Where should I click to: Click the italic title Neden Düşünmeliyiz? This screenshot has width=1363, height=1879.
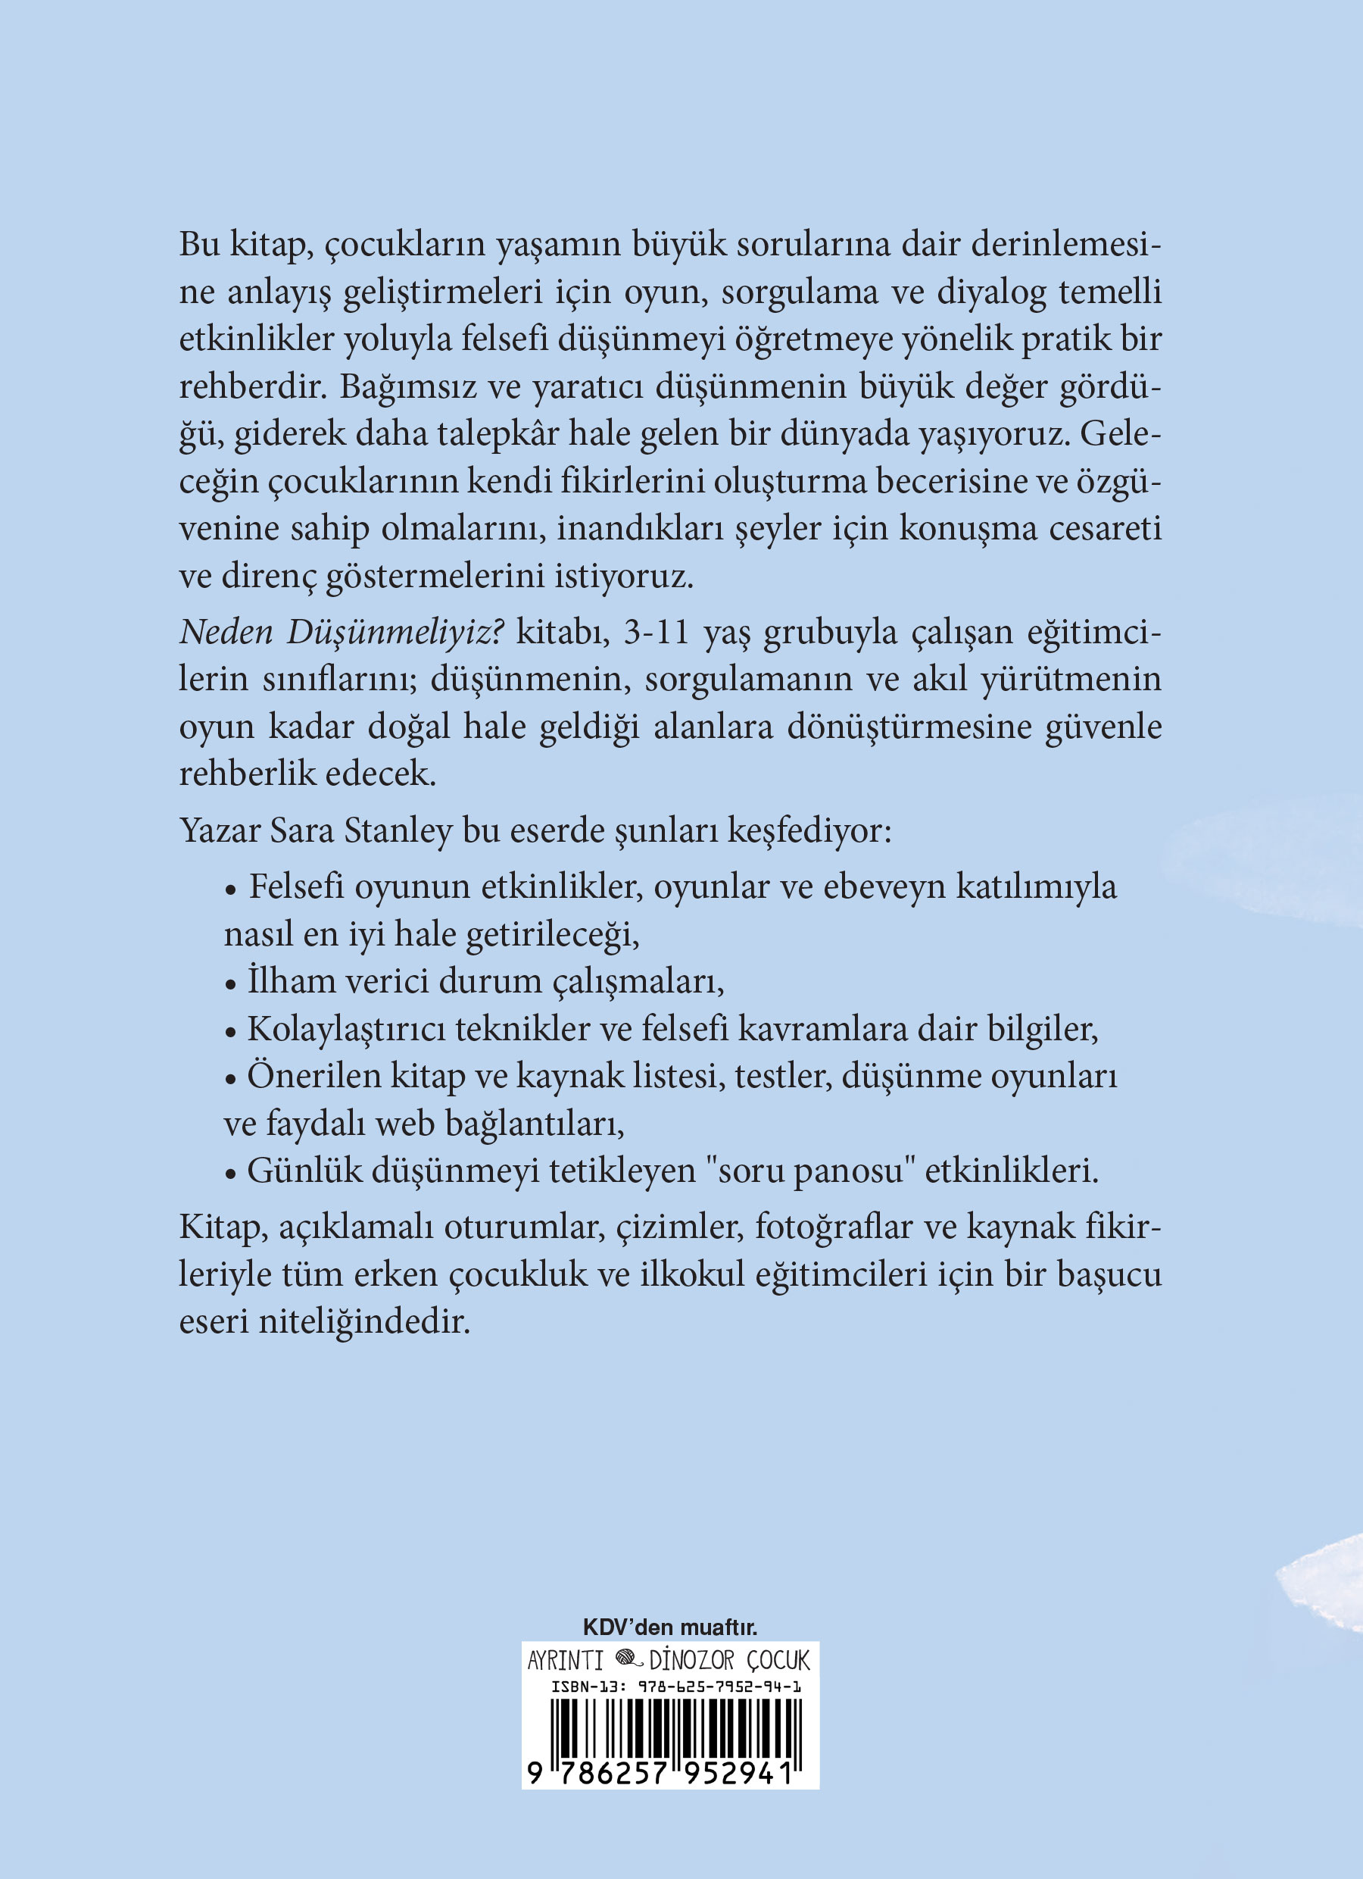[x=342, y=633]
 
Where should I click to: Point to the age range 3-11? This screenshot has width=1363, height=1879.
[x=657, y=632]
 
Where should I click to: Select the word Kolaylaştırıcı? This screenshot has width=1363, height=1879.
[x=346, y=1030]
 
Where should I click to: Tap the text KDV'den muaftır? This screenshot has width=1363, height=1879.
[x=670, y=1627]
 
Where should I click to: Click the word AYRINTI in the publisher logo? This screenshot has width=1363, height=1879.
[x=566, y=1660]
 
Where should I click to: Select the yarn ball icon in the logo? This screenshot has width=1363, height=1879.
[x=629, y=1659]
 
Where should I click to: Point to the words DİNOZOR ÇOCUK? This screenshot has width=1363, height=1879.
[x=729, y=1660]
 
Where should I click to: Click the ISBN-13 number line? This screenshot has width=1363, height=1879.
[x=675, y=1686]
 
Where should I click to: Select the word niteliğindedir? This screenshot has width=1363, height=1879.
[x=364, y=1321]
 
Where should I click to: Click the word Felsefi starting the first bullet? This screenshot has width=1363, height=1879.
[x=296, y=887]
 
